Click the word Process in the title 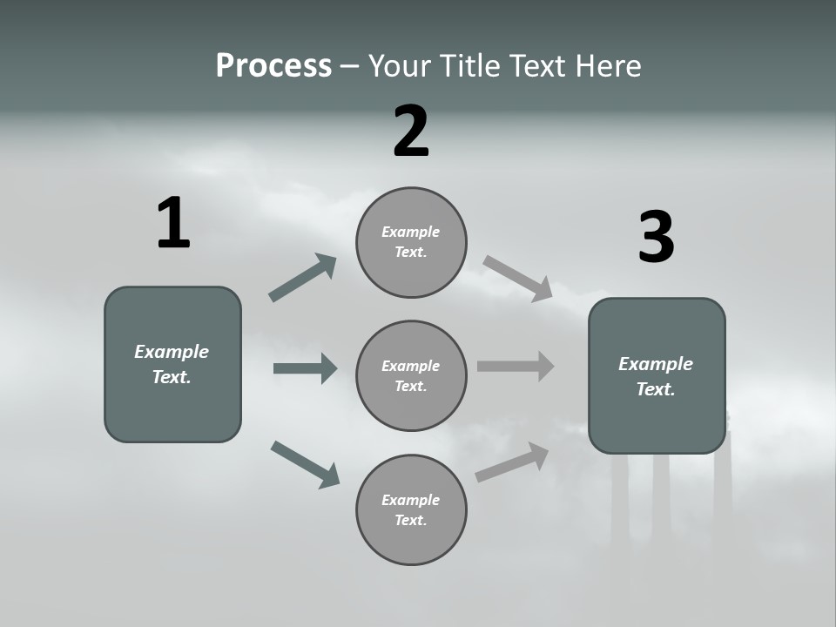pos(273,66)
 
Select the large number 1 pos(173,224)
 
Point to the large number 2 pos(411,131)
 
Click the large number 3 pos(656,238)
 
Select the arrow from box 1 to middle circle pos(305,368)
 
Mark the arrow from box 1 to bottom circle pos(305,463)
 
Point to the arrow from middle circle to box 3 pos(516,366)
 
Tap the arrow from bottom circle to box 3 pos(512,462)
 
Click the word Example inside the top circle pos(411,232)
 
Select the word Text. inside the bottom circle pos(411,520)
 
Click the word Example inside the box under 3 pos(656,364)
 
